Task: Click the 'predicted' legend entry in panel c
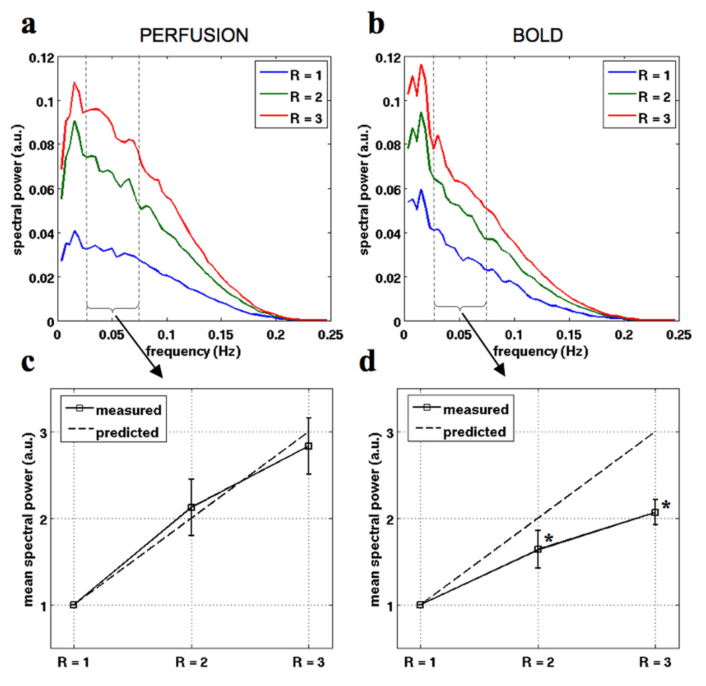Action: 132,432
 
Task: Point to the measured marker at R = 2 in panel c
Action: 192,507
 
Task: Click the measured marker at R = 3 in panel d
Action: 655,513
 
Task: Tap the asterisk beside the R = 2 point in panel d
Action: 549,539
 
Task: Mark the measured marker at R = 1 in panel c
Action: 74,605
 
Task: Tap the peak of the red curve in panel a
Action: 75,83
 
